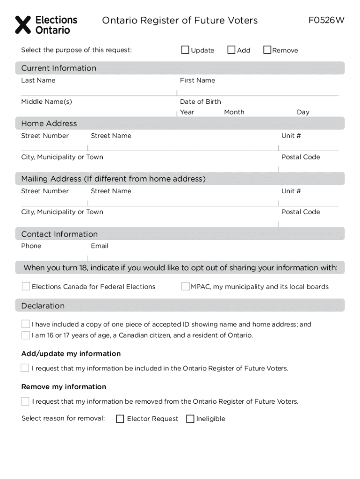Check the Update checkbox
pos(186,50)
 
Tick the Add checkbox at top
pos(231,50)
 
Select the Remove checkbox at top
pos(267,50)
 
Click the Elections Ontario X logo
pos(23,25)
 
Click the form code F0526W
pos(326,21)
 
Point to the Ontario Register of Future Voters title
pos(180,21)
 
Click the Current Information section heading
pos(59,68)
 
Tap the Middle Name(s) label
pos(46,102)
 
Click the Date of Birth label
pos(200,102)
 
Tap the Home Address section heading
pos(49,123)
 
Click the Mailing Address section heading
pos(113,179)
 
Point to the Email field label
pos(100,246)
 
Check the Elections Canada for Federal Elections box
pos(26,286)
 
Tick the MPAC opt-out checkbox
pos(186,286)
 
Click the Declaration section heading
pos(43,306)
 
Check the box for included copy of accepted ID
pos(26,324)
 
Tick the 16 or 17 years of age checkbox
pos(26,335)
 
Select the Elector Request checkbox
pos(120,419)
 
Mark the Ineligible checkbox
pos(190,419)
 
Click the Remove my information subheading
pos(64,387)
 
